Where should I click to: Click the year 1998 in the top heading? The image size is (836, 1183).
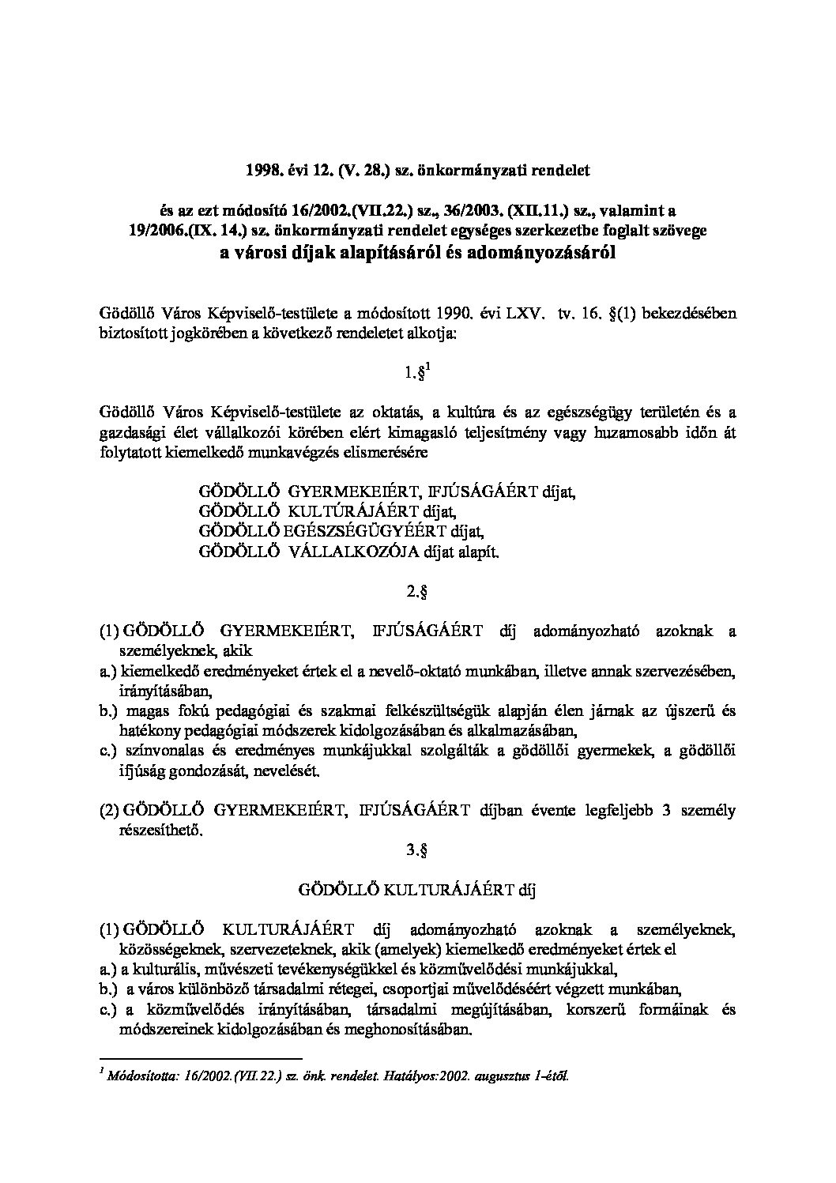coord(261,169)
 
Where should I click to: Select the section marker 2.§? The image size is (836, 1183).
coord(418,591)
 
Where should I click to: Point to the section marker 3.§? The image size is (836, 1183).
coord(418,851)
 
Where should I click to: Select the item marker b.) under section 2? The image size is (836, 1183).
coord(108,712)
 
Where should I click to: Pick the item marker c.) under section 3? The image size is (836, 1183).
coord(108,1010)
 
